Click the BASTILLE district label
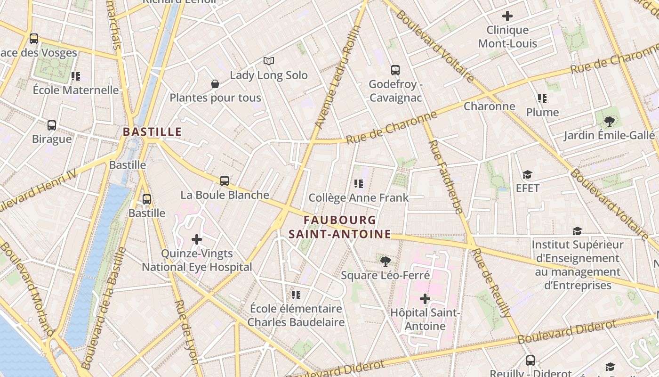[152, 132]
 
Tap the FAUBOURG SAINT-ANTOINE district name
[339, 227]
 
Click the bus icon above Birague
[52, 125]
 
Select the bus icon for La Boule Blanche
[225, 180]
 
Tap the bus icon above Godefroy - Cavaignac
[395, 70]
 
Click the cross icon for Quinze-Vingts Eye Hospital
[197, 239]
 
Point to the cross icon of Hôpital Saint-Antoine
[425, 299]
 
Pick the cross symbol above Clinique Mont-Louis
[507, 16]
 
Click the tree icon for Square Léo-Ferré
[385, 261]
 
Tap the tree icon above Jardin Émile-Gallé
[609, 122]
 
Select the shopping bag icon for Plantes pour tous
[215, 84]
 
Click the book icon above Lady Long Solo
[269, 61]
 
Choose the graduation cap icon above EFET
[527, 174]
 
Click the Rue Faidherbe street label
[445, 177]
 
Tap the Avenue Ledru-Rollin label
[338, 77]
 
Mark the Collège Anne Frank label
[359, 197]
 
